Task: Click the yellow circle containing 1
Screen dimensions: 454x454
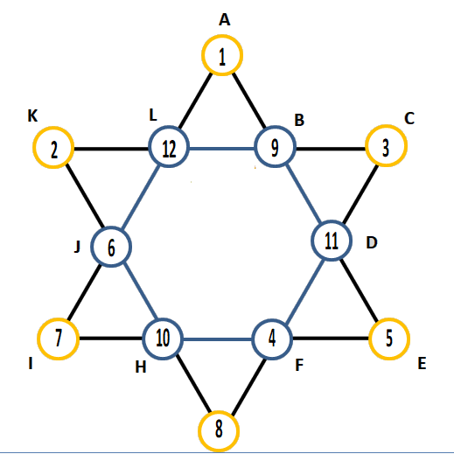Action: click(222, 35)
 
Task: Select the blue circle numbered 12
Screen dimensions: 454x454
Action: click(169, 126)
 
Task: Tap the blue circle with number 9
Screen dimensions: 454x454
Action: click(275, 126)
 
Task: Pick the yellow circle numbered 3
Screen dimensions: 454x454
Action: click(386, 125)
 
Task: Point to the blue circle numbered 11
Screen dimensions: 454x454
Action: click(332, 220)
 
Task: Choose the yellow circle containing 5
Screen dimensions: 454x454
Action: click(389, 318)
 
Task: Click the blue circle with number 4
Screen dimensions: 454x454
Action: click(272, 319)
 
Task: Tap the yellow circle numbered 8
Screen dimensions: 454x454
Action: click(219, 411)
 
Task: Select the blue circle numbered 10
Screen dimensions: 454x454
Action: click(163, 318)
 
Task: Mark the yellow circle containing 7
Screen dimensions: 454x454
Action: click(59, 318)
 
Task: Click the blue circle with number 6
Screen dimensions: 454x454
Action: click(111, 227)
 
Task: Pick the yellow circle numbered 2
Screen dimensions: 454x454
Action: click(53, 127)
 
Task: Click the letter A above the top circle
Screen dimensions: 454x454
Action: click(225, 20)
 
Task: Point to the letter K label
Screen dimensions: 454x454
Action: click(32, 115)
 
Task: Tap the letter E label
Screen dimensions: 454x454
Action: click(422, 363)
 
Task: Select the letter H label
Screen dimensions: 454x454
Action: click(141, 367)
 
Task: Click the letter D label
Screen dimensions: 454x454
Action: click(372, 242)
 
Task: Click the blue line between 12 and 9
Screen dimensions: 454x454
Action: click(222, 149)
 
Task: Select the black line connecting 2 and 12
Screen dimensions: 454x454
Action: click(111, 149)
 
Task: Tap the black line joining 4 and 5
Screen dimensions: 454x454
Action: click(331, 339)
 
